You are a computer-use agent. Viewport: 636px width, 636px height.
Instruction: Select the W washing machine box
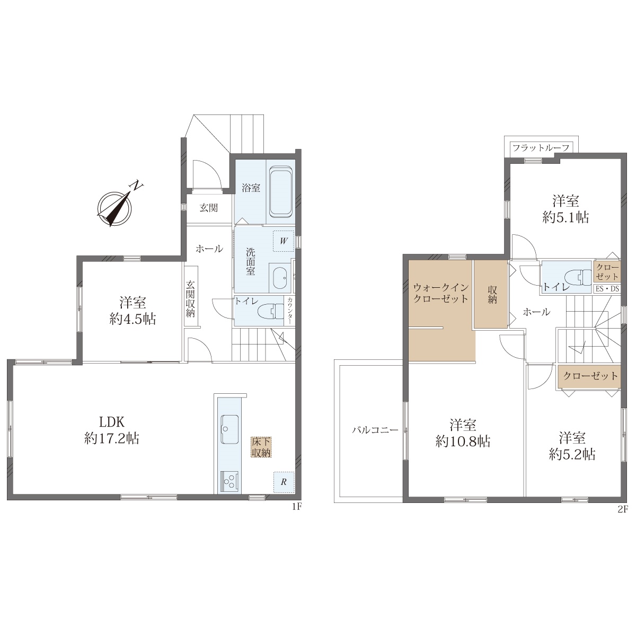(284, 241)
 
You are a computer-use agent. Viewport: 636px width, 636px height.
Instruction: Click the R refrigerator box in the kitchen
(284, 482)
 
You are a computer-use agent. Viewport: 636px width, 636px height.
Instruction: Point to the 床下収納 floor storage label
(261, 447)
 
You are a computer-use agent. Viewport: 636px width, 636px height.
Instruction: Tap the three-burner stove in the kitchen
(229, 481)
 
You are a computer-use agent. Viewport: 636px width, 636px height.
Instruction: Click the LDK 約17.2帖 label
(112, 430)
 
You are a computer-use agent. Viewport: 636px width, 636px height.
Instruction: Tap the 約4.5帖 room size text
(132, 319)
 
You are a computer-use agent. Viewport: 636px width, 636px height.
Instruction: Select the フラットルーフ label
(541, 148)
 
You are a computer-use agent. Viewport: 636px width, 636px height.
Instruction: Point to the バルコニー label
(375, 430)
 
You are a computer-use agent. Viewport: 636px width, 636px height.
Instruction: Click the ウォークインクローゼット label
(441, 293)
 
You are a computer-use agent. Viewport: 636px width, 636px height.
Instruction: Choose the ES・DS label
(607, 289)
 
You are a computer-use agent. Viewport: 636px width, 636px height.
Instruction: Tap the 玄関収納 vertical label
(190, 299)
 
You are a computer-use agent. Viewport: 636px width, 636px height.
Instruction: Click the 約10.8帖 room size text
(463, 441)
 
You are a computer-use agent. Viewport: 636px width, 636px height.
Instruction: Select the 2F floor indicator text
(622, 509)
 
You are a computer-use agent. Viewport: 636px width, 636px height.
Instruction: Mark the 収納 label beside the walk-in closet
(492, 294)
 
